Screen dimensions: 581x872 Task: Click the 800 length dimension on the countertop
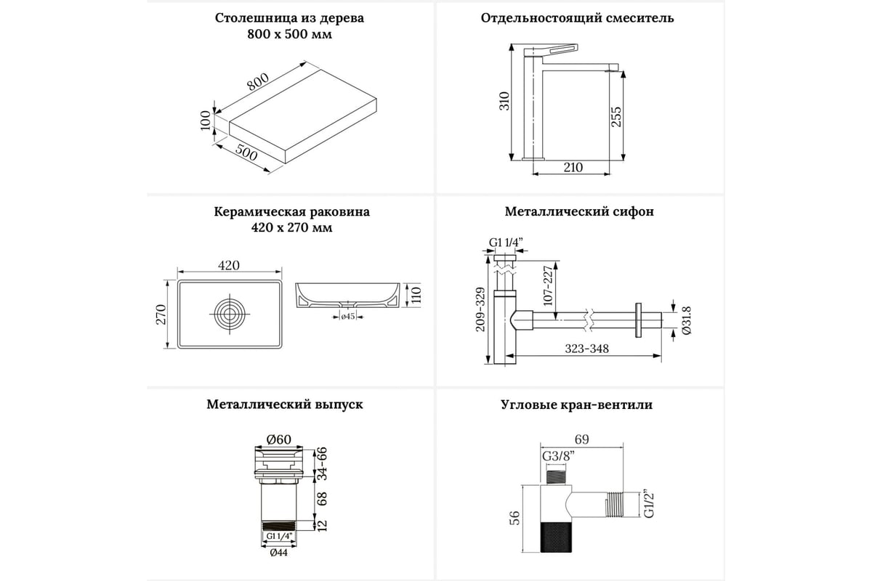258,84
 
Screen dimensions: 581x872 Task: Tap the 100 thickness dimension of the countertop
206,120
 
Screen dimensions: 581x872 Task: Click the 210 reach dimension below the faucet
573,168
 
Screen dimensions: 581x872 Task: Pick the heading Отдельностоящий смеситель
577,18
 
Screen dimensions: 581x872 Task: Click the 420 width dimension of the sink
229,266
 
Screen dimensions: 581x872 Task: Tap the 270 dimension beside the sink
162,313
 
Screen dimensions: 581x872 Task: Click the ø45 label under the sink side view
347,316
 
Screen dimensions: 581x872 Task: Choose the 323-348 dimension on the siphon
587,349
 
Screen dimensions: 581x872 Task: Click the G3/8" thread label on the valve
557,455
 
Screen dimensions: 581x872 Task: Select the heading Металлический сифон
579,212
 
